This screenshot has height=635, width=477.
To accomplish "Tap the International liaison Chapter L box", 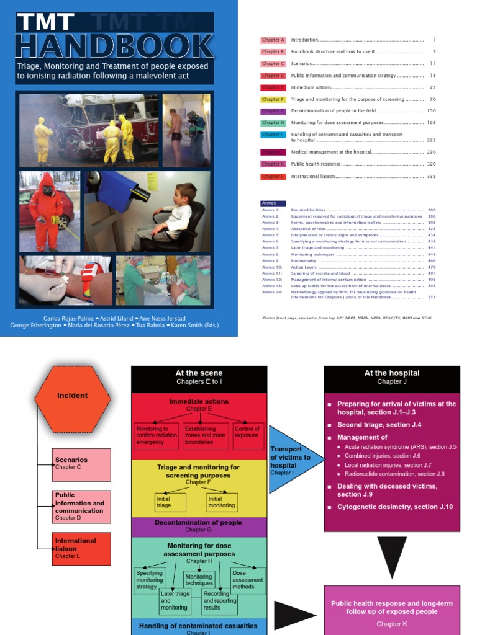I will click(x=82, y=548).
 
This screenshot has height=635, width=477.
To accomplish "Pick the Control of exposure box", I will click(x=247, y=436).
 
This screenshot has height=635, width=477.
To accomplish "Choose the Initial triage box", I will click(x=170, y=502).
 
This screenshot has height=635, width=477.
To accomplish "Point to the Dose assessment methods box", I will click(x=247, y=580).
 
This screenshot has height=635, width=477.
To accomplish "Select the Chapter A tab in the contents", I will click(x=273, y=40).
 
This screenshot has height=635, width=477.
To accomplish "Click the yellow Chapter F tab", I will click(x=273, y=99).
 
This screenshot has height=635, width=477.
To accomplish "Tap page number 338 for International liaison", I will click(x=431, y=177).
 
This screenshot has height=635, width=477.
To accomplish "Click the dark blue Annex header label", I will click(x=273, y=203).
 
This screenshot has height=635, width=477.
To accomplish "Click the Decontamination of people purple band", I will click(x=199, y=526).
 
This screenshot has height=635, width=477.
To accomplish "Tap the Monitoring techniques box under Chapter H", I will click(x=199, y=580).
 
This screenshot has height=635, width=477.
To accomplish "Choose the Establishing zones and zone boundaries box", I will click(x=206, y=436).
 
